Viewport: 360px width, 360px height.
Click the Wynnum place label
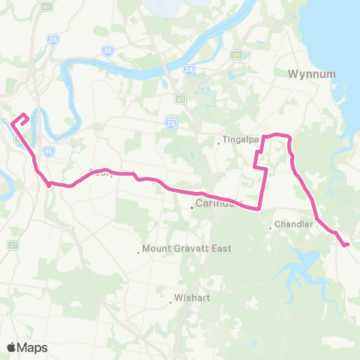pyautogui.click(x=304, y=74)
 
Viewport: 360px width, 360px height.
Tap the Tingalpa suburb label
pyautogui.click(x=238, y=140)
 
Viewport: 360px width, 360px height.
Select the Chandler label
pyautogui.click(x=292, y=224)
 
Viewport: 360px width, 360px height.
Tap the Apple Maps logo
pyautogui.click(x=27, y=347)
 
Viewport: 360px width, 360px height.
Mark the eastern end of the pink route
pyautogui.click(x=346, y=244)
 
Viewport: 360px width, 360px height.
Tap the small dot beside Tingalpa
pyautogui.click(x=218, y=143)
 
